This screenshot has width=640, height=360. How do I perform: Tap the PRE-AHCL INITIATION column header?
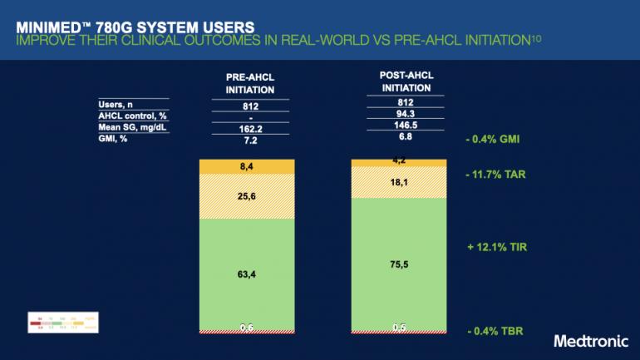(x=250, y=83)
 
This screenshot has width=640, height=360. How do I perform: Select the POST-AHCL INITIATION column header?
(x=401, y=81)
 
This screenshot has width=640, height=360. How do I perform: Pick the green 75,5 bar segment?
(x=401, y=264)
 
